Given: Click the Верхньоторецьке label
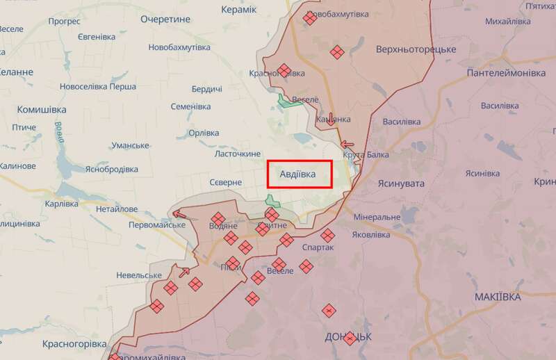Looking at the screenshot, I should (416, 50).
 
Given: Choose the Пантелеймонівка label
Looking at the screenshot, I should (506, 73).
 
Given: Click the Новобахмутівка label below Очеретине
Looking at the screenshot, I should (179, 47).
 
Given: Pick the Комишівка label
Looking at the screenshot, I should (42, 110).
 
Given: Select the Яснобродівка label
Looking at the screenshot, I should (112, 170).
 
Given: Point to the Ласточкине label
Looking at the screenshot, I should (238, 154).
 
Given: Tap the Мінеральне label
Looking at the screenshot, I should (377, 218).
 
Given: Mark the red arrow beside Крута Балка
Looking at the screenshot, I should (347, 145).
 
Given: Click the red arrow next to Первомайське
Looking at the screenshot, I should (179, 214).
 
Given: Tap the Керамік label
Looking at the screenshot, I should (238, 10).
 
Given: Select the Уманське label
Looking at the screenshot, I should (130, 145).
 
